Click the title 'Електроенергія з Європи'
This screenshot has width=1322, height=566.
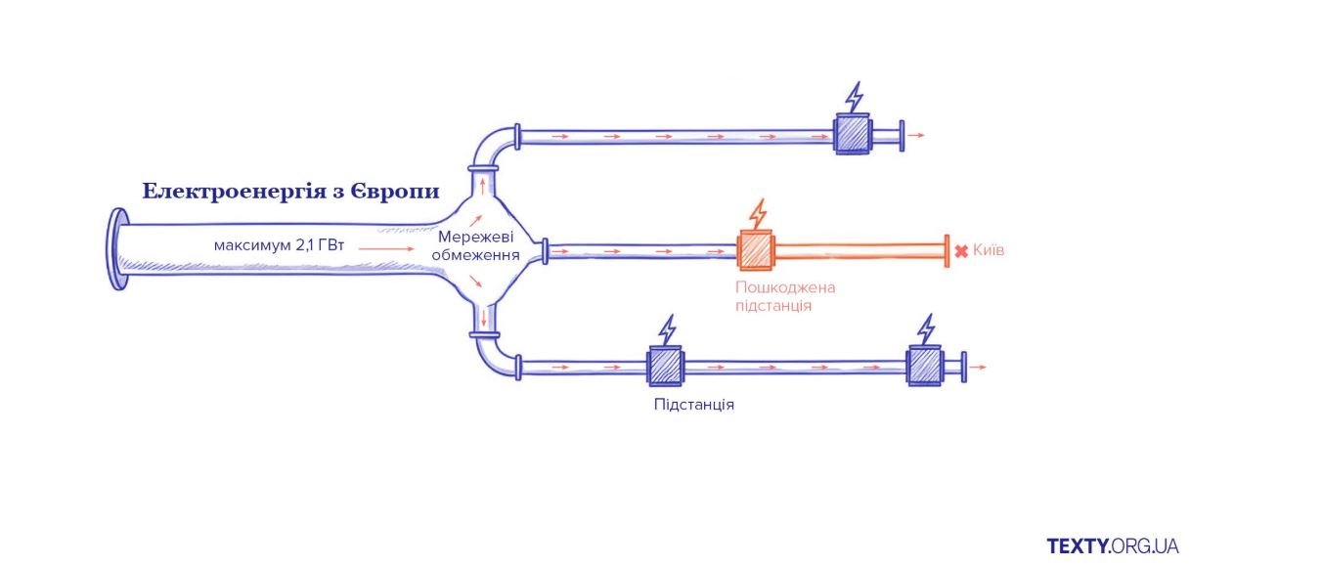coord(290,191)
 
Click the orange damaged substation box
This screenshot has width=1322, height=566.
coord(756,250)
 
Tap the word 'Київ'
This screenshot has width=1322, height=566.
coord(989,251)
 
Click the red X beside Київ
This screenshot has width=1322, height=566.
coord(961,251)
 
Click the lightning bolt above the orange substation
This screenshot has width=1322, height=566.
coord(758,214)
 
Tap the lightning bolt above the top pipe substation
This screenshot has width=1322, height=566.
coord(855,98)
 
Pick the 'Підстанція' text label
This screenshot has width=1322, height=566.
coord(694,404)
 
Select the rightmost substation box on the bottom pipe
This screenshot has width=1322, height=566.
coord(924,367)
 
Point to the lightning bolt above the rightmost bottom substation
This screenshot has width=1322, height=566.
coord(926,328)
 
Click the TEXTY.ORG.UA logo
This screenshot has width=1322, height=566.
coord(1112,545)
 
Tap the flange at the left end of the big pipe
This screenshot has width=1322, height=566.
coord(118,250)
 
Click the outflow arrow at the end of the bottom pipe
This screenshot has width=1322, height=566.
coord(980,367)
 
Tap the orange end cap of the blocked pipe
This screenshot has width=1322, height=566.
coord(947,250)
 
